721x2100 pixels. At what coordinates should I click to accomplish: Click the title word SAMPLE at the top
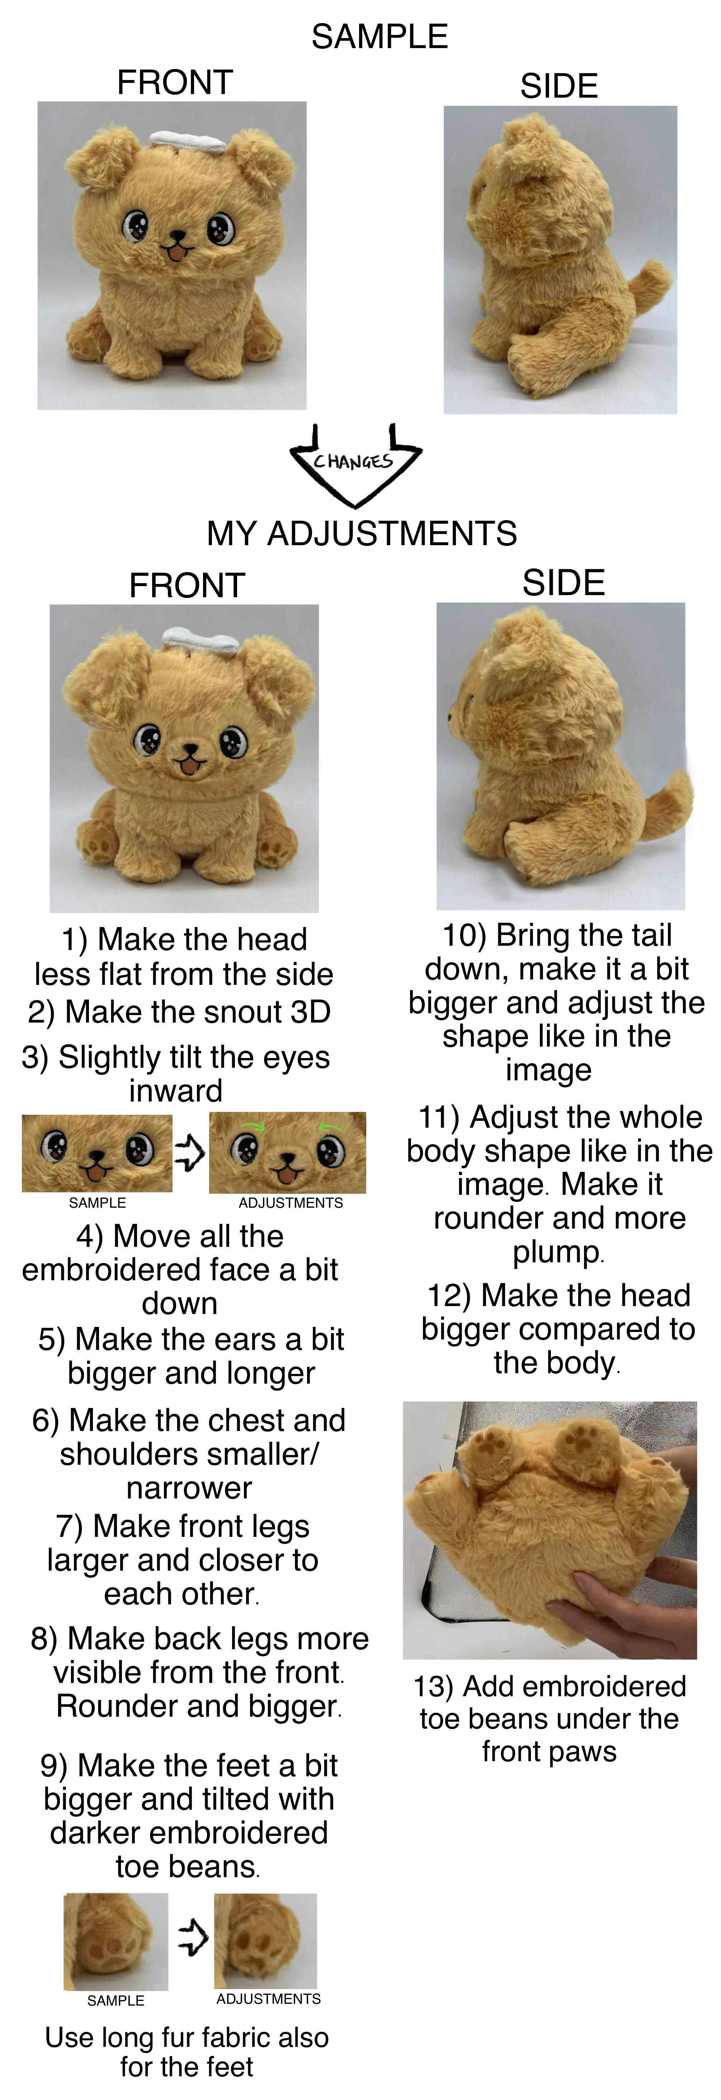coord(380,37)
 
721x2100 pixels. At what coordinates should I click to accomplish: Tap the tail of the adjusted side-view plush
coord(668,803)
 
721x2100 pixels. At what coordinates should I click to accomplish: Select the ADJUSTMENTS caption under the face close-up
coord(291,1202)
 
